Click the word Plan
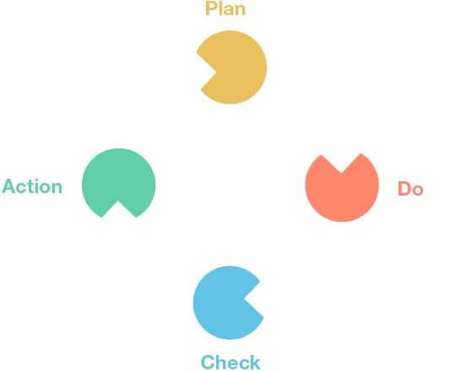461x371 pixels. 225,8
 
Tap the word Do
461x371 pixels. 410,188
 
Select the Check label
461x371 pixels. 230,363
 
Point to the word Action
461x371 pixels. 32,186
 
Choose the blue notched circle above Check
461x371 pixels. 225,303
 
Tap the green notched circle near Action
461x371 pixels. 118,179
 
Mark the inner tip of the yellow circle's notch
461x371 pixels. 217,73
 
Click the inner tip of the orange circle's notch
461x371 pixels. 341,173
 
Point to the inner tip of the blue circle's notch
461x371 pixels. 244,298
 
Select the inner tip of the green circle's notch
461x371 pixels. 118,201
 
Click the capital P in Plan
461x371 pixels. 211,8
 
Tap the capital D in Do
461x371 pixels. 404,188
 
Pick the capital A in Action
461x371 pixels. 8,186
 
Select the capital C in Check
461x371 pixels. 208,363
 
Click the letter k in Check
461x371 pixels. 255,363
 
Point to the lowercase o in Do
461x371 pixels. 418,191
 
